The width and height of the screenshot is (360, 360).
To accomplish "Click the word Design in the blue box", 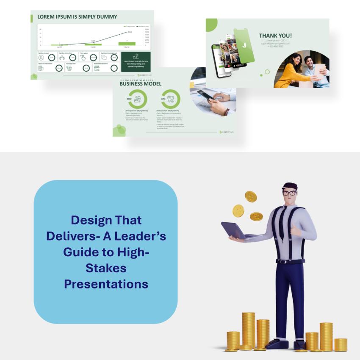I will click(89, 220).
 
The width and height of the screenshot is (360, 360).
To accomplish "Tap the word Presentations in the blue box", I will click(106, 283).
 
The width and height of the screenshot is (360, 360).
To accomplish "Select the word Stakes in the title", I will click(106, 268).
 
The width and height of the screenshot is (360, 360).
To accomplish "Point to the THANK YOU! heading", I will click(275, 36).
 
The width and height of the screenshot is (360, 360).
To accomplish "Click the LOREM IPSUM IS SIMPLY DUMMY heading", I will click(77, 17).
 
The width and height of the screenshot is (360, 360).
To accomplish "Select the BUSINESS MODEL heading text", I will click(140, 84).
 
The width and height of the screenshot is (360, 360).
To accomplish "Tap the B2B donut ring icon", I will click(137, 99).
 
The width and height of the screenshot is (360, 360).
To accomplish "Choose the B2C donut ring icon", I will click(171, 99).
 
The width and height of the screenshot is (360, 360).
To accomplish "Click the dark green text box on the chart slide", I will click(136, 61).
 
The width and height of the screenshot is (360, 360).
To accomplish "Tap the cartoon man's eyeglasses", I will click(289, 193).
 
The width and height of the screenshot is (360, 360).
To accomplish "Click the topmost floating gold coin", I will click(251, 196).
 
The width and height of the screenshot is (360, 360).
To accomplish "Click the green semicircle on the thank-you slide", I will click(211, 24).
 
